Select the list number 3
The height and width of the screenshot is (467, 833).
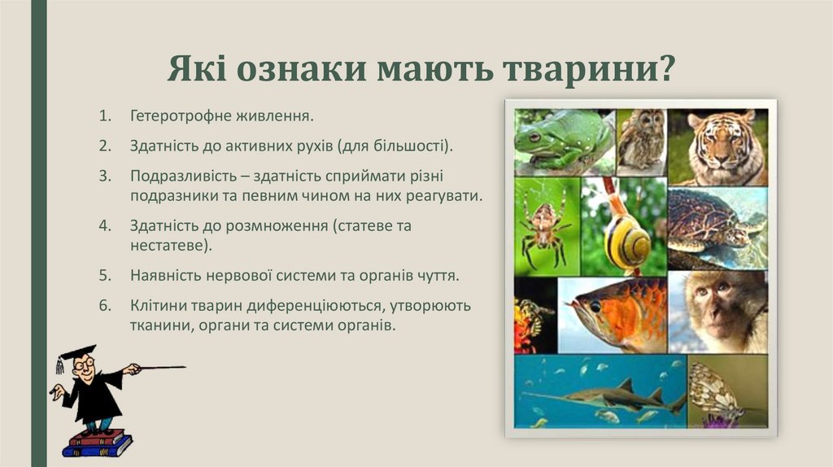point(104,176)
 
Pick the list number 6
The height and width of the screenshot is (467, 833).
point(104,307)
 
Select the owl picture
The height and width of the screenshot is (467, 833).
point(640,140)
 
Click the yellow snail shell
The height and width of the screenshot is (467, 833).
point(627,240)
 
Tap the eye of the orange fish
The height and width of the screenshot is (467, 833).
point(595,306)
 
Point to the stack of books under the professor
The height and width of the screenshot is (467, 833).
point(97,443)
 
